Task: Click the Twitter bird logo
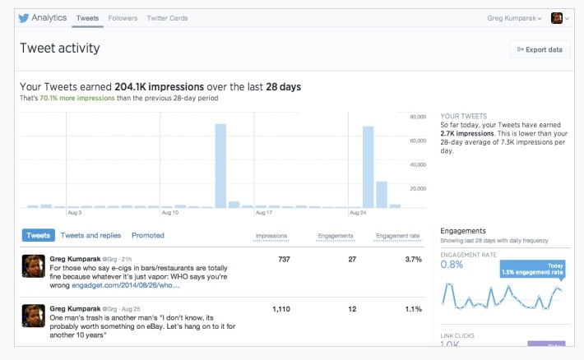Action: point(24,18)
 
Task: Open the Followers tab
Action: point(123,18)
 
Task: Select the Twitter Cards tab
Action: point(167,18)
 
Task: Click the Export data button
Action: point(540,49)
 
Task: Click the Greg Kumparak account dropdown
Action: point(514,18)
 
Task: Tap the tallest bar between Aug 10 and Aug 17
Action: point(220,166)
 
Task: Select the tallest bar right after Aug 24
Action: point(368,167)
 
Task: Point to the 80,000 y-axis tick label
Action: point(418,117)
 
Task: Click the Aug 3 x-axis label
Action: point(75,213)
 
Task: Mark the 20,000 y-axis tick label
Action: point(418,189)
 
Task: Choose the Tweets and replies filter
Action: point(90,235)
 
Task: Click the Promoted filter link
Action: point(148,235)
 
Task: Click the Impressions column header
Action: point(271,236)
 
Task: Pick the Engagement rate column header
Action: point(398,236)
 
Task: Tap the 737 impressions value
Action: point(284,259)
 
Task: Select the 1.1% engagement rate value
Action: point(414,309)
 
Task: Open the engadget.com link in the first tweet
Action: point(126,285)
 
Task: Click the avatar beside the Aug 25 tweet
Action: point(34,316)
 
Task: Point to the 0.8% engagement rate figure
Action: point(452,265)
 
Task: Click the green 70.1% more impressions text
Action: point(77,99)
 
